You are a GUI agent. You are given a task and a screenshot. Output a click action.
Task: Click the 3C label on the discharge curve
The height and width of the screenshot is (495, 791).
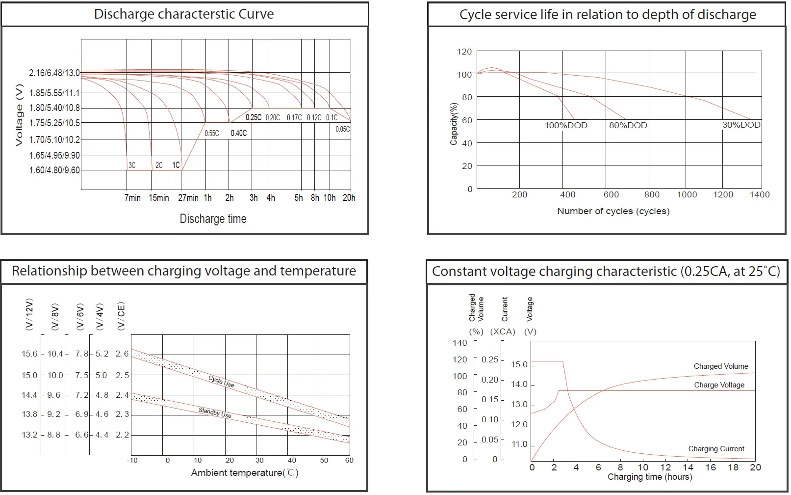pos(132,165)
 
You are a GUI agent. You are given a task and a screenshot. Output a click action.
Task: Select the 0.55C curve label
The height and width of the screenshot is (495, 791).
pos(211,134)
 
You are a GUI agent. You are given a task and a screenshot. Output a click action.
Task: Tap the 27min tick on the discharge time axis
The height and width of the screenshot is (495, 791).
pos(188,198)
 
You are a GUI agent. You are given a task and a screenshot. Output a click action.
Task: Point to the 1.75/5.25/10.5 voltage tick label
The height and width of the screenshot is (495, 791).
pos(54,123)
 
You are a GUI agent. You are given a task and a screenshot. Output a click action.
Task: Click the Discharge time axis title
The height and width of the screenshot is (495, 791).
pos(213,219)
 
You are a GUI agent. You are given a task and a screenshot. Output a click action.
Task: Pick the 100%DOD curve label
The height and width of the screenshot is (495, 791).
pos(566,126)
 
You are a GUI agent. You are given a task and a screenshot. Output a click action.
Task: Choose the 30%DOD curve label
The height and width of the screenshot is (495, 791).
pos(741,125)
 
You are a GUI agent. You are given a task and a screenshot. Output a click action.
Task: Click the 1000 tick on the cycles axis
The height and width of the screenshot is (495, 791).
pos(687,195)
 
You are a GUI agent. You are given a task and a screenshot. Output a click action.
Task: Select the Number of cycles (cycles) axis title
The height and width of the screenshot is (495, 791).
pos(613,211)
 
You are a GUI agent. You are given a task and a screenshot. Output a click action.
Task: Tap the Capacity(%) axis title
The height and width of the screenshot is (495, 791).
pos(454,124)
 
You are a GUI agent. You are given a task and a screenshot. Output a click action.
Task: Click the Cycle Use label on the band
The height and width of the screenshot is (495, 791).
pos(221,382)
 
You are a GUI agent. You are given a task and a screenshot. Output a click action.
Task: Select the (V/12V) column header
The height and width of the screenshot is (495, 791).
pos(29,314)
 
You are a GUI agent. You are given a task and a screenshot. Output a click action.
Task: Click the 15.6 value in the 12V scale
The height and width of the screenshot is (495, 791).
pos(29,354)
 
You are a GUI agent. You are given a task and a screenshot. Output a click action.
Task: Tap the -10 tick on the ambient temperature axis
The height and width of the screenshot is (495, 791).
pos(132,461)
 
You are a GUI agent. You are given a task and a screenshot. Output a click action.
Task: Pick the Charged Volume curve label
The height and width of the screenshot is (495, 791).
pos(720,366)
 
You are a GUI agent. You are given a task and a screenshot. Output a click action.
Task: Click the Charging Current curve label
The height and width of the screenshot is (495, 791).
pos(716,449)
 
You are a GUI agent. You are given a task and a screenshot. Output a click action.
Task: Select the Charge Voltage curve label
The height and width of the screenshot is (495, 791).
pos(719,385)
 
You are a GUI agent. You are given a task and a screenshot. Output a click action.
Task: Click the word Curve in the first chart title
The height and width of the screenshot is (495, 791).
pos(256,14)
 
